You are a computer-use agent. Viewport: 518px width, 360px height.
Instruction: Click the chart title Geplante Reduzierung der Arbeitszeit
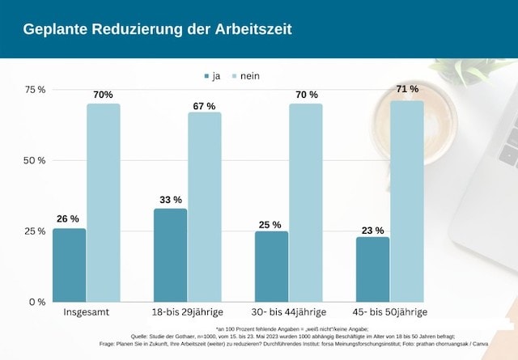pyautogui.click(x=157, y=29)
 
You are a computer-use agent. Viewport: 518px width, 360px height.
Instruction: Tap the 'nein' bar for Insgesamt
pyautogui.click(x=103, y=202)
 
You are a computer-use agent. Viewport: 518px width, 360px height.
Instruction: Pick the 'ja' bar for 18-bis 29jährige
pyautogui.click(x=170, y=255)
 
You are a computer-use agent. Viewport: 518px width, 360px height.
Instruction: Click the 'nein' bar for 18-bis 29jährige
pyautogui.click(x=204, y=206)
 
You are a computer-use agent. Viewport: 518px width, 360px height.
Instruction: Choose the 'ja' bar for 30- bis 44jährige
pyautogui.click(x=271, y=266)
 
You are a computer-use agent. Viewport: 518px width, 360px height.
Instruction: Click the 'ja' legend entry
pyautogui.click(x=212, y=76)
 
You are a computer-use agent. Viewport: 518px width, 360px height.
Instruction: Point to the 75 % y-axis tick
pyautogui.click(x=34, y=89)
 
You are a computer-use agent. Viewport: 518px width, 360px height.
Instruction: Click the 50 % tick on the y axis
pyautogui.click(x=34, y=160)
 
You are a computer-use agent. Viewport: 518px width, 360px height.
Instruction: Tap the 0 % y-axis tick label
pyautogui.click(x=37, y=302)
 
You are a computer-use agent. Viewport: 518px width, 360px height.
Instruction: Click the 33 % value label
pyautogui.click(x=169, y=199)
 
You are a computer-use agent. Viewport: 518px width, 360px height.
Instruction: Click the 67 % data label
pyautogui.click(x=204, y=106)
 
